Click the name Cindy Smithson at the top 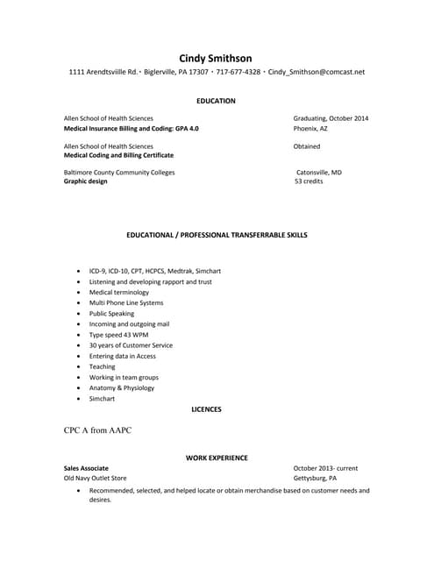216,58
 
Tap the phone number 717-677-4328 238,72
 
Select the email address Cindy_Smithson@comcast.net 316,72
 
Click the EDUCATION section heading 216,101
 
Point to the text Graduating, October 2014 331,118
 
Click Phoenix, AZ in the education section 313,129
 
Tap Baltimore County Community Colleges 119,173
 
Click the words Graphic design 86,182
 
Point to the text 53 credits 309,182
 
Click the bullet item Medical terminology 119,292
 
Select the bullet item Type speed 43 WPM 118,335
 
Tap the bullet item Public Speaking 111,313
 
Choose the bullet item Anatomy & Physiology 121,387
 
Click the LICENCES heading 206,409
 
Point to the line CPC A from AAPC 97,430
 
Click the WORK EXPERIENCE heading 217,458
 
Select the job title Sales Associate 86,468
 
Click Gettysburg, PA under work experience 315,479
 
